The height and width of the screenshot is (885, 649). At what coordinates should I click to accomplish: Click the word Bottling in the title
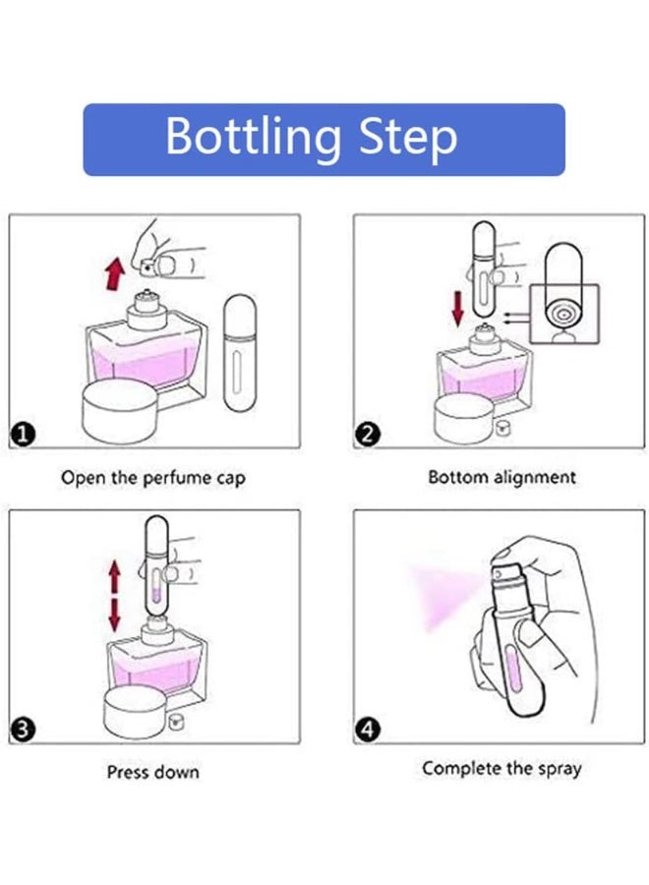pyautogui.click(x=253, y=137)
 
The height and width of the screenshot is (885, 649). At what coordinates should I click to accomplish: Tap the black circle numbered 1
pyautogui.click(x=23, y=435)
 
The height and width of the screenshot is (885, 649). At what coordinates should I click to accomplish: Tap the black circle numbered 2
pyautogui.click(x=368, y=435)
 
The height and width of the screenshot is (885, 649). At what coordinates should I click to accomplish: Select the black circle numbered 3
pyautogui.click(x=22, y=730)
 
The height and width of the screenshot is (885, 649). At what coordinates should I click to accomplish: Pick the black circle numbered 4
pyautogui.click(x=368, y=730)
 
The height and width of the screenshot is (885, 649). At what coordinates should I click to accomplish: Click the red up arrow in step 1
pyautogui.click(x=115, y=273)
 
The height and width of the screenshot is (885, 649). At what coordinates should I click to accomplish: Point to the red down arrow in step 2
pyautogui.click(x=457, y=309)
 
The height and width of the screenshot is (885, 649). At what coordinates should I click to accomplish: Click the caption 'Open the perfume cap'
pyautogui.click(x=153, y=478)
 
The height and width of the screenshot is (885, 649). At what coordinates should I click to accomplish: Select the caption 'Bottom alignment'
pyautogui.click(x=501, y=478)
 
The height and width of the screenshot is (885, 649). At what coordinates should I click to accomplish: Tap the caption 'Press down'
pyautogui.click(x=153, y=772)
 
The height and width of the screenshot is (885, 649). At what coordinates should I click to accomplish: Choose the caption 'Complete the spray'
pyautogui.click(x=501, y=769)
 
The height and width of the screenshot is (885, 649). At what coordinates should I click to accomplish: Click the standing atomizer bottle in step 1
pyautogui.click(x=239, y=352)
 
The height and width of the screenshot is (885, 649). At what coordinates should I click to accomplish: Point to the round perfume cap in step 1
pyautogui.click(x=120, y=411)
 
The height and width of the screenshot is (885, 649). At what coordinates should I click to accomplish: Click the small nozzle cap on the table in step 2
pyautogui.click(x=501, y=429)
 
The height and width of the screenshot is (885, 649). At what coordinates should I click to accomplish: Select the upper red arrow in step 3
pyautogui.click(x=115, y=576)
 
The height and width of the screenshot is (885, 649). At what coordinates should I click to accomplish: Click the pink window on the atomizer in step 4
pyautogui.click(x=513, y=672)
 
